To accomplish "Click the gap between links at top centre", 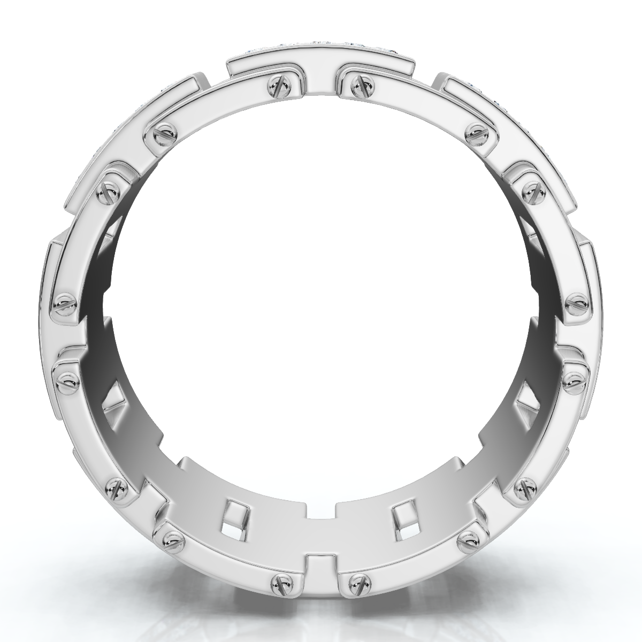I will click(322, 80).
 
